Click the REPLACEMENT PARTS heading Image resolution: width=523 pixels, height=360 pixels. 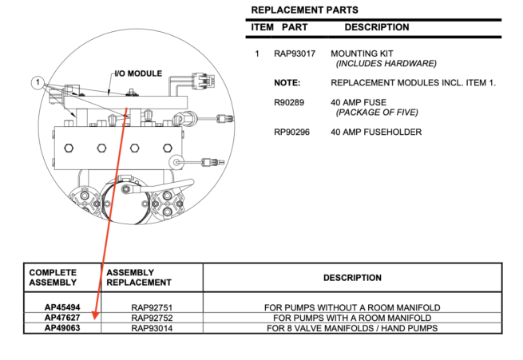pos(304,10)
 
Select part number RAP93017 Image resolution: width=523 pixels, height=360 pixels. pos(294,53)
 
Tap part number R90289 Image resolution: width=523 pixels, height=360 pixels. pos(288,102)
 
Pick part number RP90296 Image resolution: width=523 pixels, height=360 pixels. pos(291,132)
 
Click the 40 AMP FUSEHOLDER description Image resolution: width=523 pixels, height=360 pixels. pos(375,132)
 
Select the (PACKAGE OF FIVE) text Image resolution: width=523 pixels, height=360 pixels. pos(377,113)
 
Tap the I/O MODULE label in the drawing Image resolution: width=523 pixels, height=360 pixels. pos(138,73)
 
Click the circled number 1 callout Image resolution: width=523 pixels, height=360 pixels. pos(37,81)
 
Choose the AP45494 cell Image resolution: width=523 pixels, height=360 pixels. pos(61,307)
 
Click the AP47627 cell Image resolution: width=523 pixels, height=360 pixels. pos(61,318)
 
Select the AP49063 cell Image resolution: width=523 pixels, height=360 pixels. pos(61,328)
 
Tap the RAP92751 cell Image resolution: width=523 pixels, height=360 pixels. pos(152,307)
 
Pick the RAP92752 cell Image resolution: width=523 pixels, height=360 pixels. pos(152,318)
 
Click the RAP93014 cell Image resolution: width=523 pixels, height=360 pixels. pos(152,328)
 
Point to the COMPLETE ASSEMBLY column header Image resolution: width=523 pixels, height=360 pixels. pos(53,277)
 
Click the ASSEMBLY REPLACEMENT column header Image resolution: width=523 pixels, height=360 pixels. pos(139,277)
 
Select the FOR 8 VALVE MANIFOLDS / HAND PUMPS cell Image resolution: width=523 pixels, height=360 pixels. pos(352,328)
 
